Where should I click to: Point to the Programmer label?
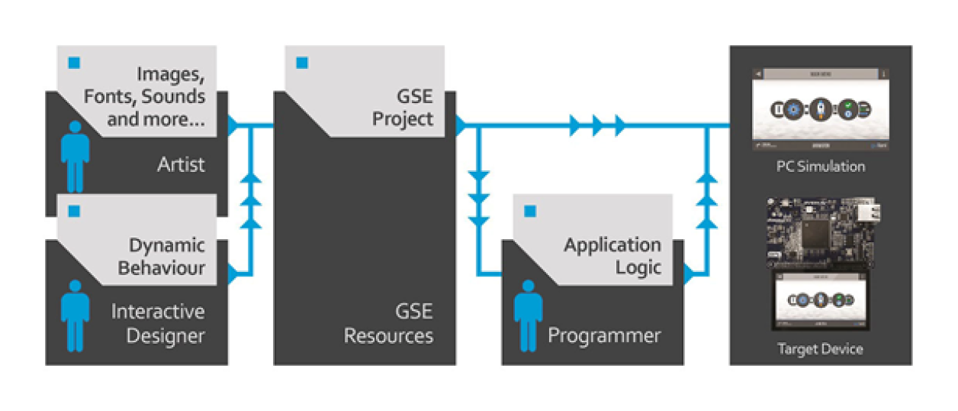point(604,335)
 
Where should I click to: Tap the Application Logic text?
point(612,257)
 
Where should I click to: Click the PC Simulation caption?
point(820,167)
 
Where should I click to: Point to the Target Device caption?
point(820,349)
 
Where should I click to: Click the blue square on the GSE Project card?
point(302,63)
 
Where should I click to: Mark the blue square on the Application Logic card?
point(530,212)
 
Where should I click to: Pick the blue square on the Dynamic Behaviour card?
point(74,211)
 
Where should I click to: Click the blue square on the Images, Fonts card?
point(74,62)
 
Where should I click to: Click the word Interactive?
point(158,312)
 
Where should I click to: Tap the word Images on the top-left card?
point(171,75)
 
